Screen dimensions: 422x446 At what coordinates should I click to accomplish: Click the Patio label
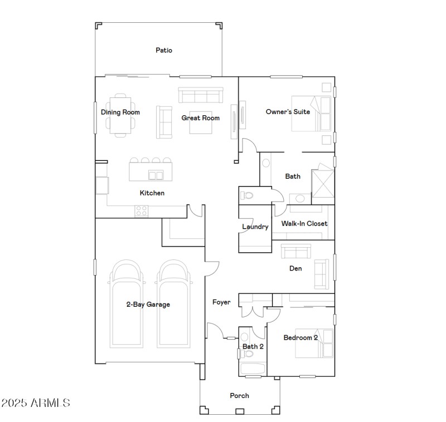coord(164,50)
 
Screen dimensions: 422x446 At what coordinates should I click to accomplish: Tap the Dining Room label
coord(120,112)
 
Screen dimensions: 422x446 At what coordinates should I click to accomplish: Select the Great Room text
coord(201,118)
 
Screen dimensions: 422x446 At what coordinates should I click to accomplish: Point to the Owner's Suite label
coord(288,112)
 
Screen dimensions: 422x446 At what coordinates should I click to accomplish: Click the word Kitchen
coord(152,193)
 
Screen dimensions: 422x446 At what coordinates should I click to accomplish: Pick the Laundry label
coord(255,227)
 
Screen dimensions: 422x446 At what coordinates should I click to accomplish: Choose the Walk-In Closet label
coord(304,224)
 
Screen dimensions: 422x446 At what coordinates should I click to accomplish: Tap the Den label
coord(295,268)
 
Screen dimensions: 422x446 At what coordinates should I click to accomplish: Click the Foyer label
coord(221,302)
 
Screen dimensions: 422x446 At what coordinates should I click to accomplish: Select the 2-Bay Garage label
coord(148,305)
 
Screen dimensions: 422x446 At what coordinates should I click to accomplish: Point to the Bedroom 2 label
coord(300,338)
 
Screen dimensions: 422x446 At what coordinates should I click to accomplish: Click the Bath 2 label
coord(253,346)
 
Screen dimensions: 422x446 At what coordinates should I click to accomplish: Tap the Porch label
coord(240,396)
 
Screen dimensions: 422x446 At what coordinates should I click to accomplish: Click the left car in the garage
coord(125,303)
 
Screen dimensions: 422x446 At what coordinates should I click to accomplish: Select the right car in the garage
coord(175,303)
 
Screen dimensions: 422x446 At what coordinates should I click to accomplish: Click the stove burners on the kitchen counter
coord(142,211)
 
